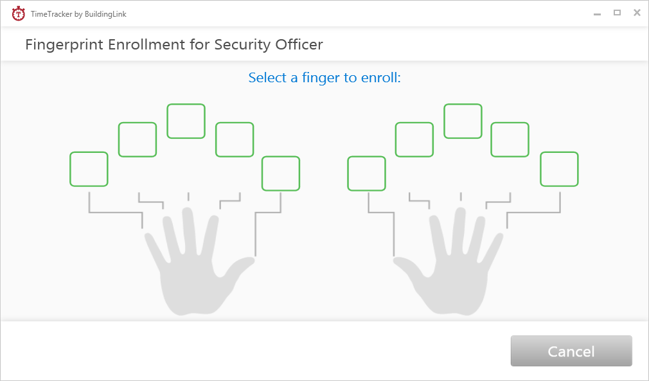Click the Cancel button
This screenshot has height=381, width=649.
(571, 351)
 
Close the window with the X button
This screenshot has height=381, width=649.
(637, 13)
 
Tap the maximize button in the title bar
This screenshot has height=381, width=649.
(617, 13)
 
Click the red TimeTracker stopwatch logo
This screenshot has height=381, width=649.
(19, 13)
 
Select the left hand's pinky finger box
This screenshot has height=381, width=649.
(89, 169)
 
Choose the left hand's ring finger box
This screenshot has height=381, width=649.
(138, 139)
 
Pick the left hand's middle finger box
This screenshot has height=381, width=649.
(186, 121)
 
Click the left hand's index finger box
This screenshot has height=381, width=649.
(235, 139)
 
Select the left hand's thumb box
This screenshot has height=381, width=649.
(281, 173)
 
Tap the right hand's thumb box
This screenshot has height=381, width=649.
(367, 173)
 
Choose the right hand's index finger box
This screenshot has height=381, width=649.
(414, 139)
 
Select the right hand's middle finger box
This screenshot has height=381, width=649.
(463, 121)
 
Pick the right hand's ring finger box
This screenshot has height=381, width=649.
(510, 139)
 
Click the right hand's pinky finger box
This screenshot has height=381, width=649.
(559, 169)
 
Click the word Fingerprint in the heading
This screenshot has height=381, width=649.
(65, 45)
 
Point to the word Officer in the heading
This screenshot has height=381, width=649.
(298, 44)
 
